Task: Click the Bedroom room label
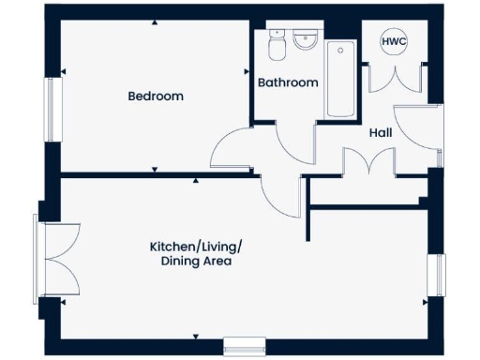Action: (x=155, y=96)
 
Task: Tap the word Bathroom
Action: (x=288, y=82)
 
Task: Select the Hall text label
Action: (x=380, y=132)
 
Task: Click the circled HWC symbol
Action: (x=392, y=41)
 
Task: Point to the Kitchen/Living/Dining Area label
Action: (x=196, y=254)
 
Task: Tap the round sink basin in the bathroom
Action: (x=306, y=41)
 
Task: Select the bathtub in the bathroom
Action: (x=339, y=79)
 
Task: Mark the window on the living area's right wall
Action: (x=434, y=277)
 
